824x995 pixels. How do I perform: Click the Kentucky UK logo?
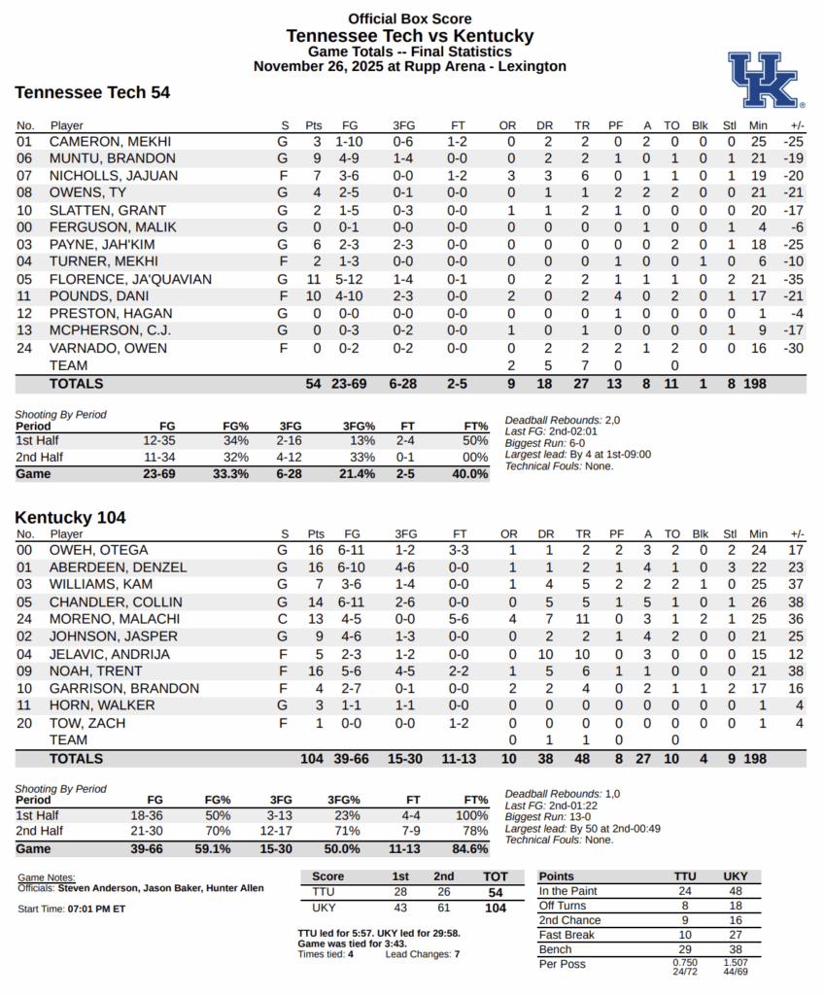(766, 79)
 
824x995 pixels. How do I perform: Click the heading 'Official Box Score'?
(410, 18)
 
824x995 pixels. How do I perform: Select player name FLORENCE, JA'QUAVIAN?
(130, 279)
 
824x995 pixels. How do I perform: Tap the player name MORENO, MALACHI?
(114, 619)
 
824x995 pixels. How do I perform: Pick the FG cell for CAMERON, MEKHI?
(351, 141)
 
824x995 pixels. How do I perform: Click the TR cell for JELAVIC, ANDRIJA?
(583, 654)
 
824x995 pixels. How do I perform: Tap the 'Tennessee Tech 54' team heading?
(92, 93)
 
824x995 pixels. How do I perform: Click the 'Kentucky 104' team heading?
(70, 518)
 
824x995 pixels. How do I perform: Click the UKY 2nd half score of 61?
(443, 908)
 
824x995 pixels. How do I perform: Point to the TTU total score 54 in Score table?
(496, 892)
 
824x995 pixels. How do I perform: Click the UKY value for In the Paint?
(735, 891)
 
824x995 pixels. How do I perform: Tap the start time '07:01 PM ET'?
(96, 909)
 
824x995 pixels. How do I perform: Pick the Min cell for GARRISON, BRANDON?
(758, 689)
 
